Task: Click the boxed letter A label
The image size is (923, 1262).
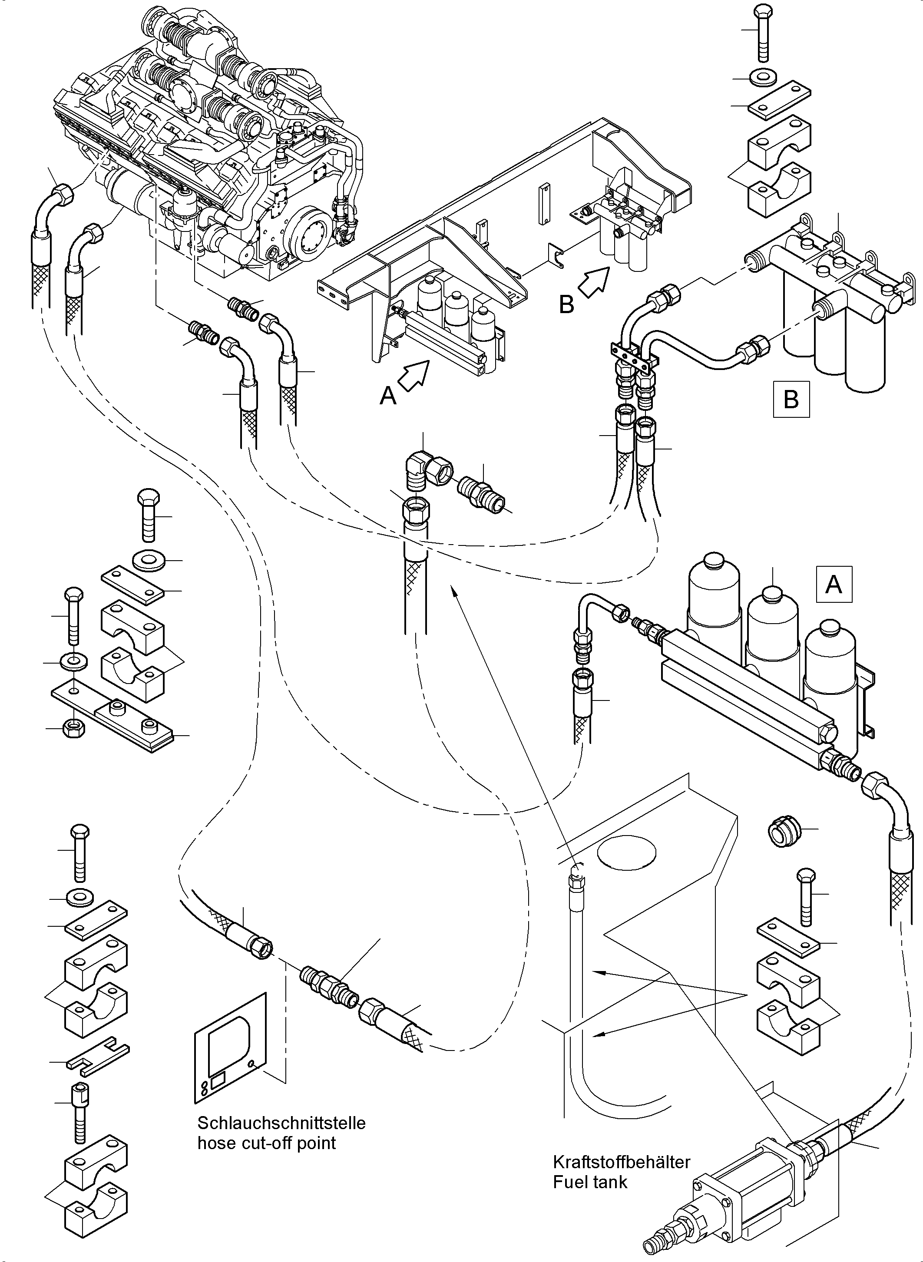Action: coord(834,585)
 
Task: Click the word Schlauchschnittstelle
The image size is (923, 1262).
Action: coord(281,1123)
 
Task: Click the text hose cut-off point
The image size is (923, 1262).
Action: coord(267,1143)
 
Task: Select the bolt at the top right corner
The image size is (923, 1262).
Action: coord(763,33)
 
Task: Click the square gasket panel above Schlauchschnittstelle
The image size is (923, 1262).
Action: coord(230,1043)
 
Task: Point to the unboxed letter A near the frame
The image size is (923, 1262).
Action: coord(388,396)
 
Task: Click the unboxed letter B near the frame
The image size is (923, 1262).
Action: coord(566,304)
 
